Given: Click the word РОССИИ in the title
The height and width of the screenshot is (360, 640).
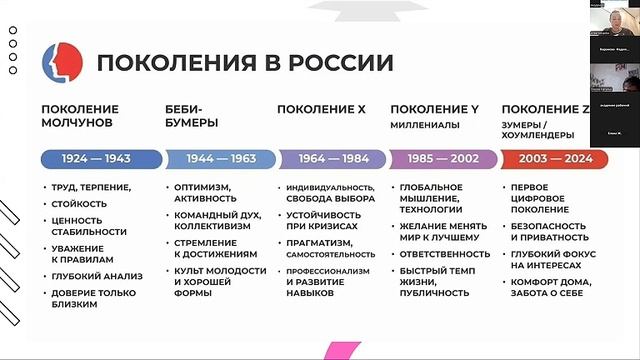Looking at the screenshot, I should point(341,64).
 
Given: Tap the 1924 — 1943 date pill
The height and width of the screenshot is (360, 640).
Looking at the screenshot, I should point(100,158).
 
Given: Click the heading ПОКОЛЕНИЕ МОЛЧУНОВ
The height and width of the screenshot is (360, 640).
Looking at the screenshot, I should point(80,115).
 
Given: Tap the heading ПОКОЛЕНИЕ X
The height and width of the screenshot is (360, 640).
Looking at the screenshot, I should point(321,108).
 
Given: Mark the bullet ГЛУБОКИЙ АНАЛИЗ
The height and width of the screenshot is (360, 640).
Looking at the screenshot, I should point(98,275).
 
